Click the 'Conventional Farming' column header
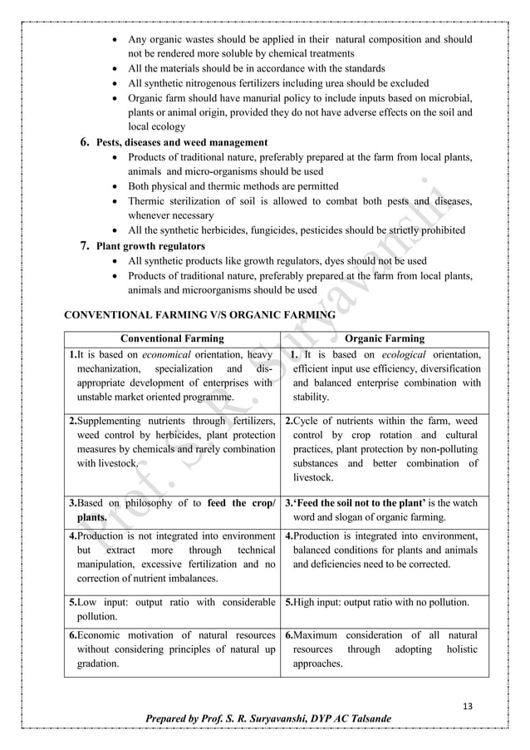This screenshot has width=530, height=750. (x=172, y=338)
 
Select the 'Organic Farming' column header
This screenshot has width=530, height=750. (x=384, y=338)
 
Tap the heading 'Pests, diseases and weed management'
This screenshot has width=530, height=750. (x=182, y=142)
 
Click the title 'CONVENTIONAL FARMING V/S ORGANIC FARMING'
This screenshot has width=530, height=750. (x=199, y=315)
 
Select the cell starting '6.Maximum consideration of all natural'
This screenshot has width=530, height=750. (x=384, y=649)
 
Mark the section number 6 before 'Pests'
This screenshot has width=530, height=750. (x=84, y=142)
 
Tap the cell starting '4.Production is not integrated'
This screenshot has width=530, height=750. (x=172, y=557)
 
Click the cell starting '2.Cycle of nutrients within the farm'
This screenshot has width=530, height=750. (x=384, y=449)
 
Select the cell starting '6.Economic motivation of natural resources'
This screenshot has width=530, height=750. (x=172, y=649)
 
